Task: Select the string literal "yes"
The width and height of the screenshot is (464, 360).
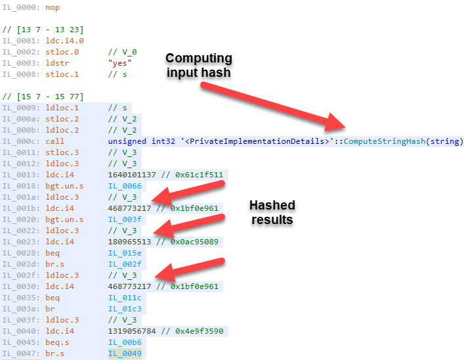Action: tap(121, 63)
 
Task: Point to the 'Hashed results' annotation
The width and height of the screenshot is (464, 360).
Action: tap(272, 212)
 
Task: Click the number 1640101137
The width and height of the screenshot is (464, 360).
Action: tap(135, 175)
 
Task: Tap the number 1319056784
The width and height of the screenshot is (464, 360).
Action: tap(135, 332)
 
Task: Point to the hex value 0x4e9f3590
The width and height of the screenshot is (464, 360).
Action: tap(199, 332)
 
